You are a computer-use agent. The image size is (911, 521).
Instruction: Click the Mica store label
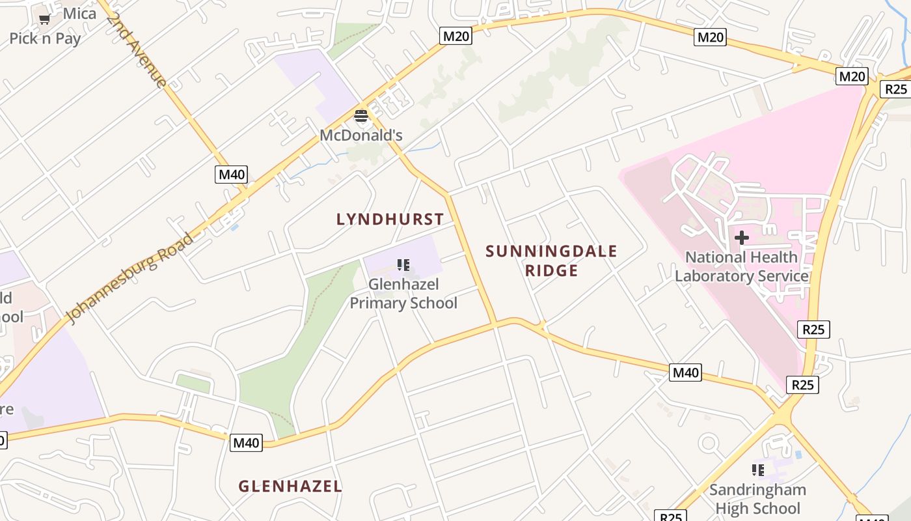pos(79,14)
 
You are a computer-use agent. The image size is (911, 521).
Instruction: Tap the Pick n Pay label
pos(45,38)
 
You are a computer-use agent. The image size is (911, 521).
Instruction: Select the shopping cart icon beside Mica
pos(45,19)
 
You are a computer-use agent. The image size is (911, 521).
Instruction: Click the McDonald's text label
pos(361,135)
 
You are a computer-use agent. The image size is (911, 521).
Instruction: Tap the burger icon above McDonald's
pos(361,117)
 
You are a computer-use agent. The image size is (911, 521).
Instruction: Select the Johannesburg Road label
pos(130,278)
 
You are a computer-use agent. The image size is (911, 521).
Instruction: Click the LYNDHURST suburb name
pos(390,219)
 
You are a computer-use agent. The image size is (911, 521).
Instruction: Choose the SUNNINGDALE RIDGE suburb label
pos(551,260)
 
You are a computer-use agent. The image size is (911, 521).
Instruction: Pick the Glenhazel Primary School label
pos(403,294)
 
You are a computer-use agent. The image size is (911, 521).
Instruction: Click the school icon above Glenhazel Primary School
pos(403,265)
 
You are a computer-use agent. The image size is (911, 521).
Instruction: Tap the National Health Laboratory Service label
pos(741,267)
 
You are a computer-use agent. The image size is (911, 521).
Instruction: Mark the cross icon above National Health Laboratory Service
pos(741,238)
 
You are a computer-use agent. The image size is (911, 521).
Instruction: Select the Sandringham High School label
pos(757,499)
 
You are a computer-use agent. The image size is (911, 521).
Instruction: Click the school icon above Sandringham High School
pos(757,470)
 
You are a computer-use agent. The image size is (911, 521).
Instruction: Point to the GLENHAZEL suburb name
pos(290,486)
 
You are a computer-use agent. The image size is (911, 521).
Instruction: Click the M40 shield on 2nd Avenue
pos(231,175)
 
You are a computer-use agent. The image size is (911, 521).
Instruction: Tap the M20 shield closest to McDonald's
pos(455,36)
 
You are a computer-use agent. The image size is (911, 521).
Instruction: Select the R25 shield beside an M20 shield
pos(895,89)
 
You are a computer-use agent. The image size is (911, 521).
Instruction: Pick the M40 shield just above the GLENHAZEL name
pos(247,443)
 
